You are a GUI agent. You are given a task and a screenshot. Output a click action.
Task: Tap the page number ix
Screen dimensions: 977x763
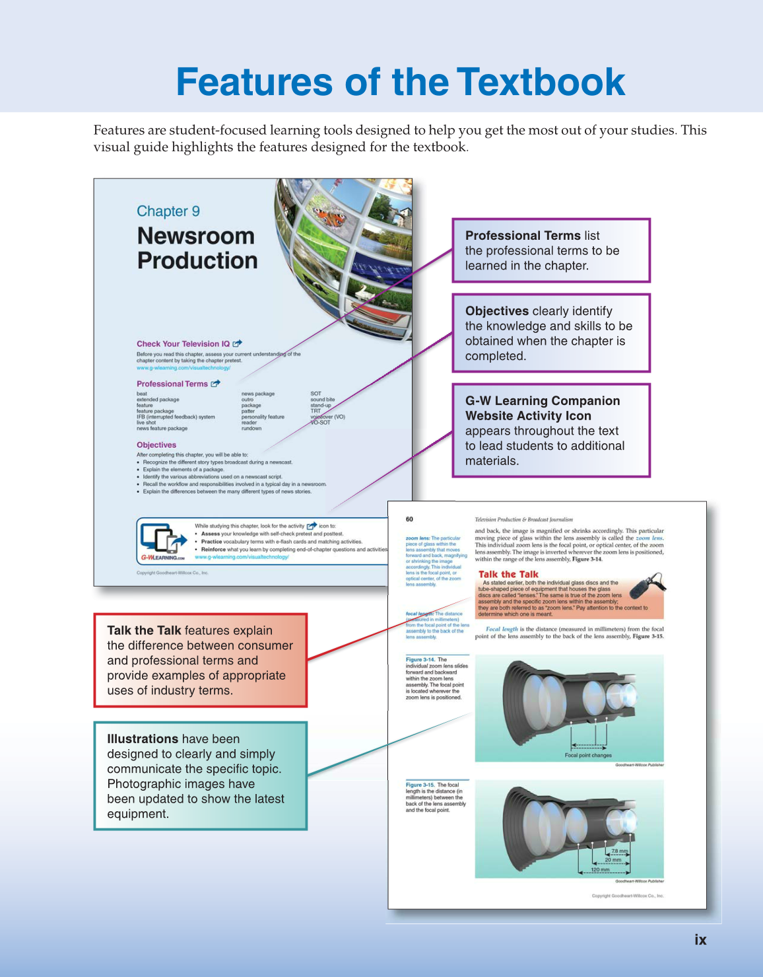point(700,939)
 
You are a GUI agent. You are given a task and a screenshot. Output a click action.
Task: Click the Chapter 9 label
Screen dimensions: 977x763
point(168,211)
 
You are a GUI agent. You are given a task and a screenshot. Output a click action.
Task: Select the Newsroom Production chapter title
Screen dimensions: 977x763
point(197,248)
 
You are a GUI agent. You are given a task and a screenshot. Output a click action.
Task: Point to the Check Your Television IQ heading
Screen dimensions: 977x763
point(183,344)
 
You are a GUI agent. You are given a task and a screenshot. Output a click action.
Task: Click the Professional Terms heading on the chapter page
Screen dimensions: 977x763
point(172,384)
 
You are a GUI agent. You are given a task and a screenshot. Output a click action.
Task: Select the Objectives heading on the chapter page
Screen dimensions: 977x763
point(156,445)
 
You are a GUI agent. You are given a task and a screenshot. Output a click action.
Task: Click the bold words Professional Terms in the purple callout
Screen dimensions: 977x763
point(523,236)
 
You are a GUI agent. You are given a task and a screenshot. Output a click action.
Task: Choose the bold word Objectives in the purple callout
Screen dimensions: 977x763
point(496,311)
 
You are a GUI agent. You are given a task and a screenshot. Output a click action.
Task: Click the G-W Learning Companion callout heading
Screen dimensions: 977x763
point(542,408)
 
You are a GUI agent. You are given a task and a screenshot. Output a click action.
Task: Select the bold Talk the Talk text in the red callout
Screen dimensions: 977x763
point(144,630)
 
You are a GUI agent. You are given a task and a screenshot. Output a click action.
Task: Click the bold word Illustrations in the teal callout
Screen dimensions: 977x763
point(143,739)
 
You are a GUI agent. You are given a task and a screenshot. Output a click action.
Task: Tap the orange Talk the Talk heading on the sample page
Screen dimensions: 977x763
point(508,575)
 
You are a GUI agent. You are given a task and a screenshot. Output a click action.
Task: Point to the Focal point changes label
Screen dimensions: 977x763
point(588,755)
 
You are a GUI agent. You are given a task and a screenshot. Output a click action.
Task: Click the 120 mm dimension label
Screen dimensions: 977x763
point(600,870)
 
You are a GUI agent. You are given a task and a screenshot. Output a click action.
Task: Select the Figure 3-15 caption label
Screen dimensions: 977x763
point(420,785)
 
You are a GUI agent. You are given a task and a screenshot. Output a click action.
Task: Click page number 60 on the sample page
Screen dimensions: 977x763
point(409,519)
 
